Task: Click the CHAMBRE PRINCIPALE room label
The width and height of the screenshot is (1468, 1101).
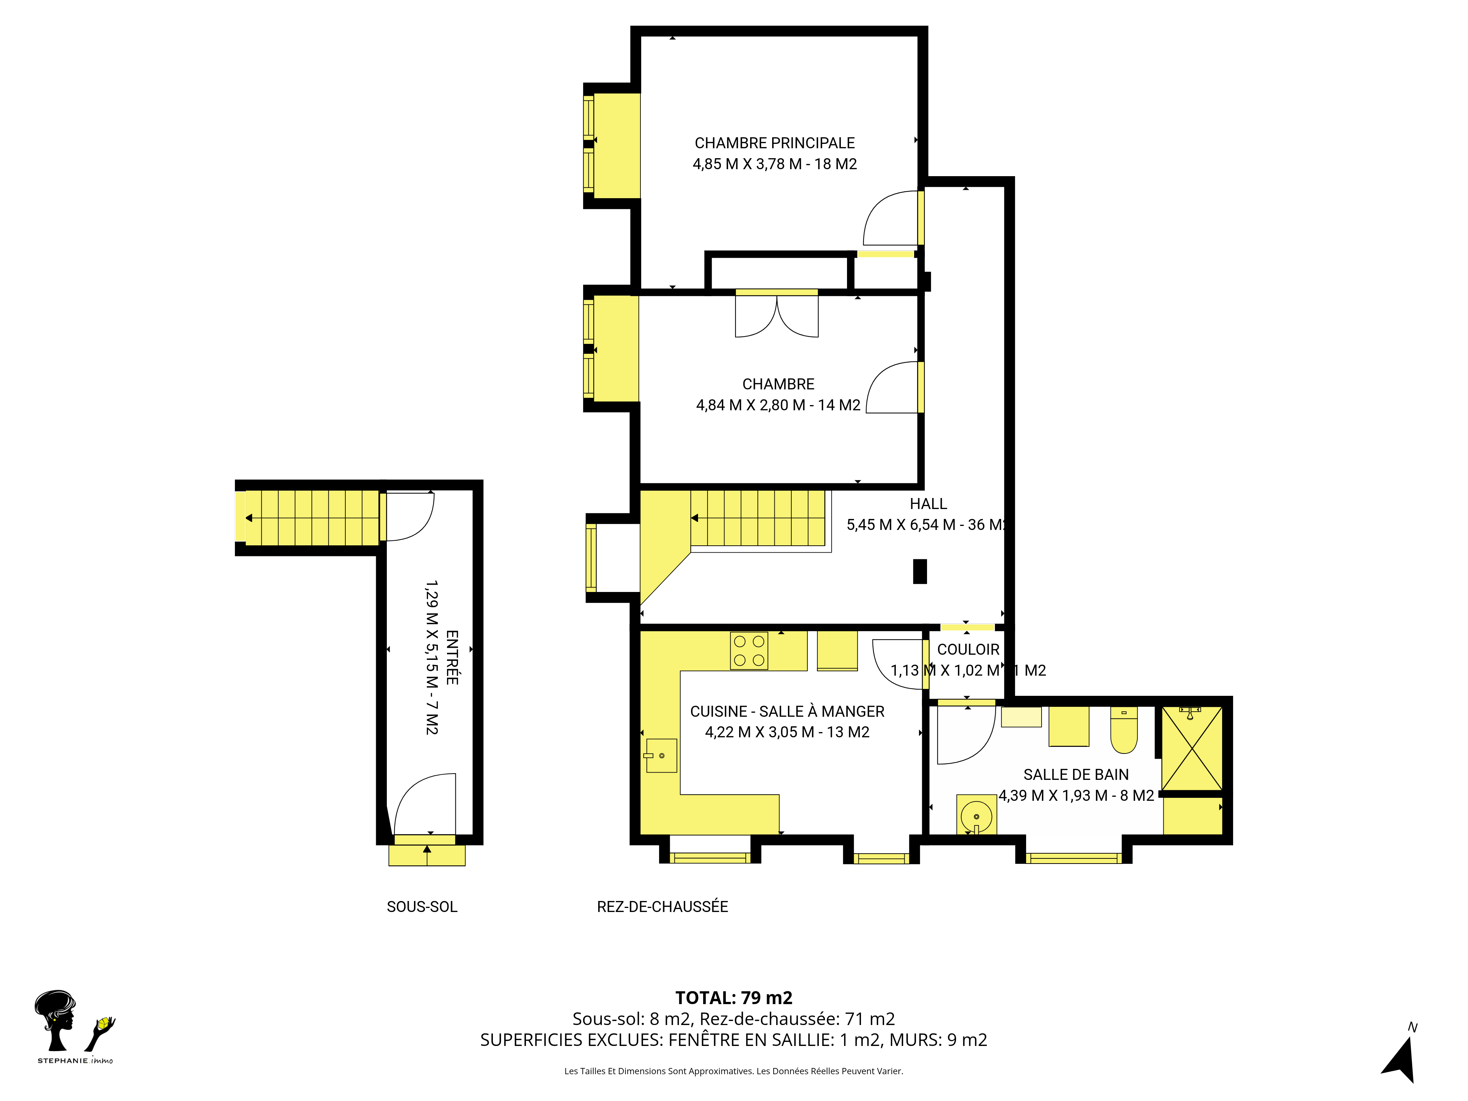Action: tap(774, 143)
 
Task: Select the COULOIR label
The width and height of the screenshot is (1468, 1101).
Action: tap(968, 650)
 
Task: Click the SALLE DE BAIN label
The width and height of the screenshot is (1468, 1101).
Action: tap(1076, 774)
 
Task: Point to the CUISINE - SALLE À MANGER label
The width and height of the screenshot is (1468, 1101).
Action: tap(787, 712)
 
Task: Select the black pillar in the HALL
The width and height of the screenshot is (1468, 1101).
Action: tap(920, 571)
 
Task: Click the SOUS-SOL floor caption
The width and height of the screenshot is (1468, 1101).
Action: tap(422, 906)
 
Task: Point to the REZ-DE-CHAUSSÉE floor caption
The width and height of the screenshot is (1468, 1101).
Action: tap(662, 906)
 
